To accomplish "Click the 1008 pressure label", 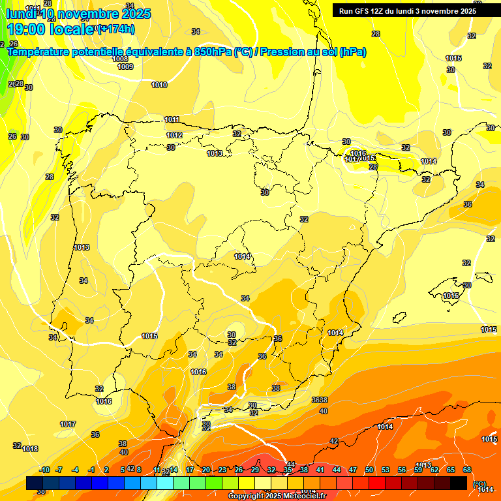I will pyautogui.click(x=120, y=59).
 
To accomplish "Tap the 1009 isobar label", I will pyautogui.click(x=125, y=67).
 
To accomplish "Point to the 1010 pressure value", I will pyautogui.click(x=159, y=85).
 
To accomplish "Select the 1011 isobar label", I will pyautogui.click(x=172, y=119).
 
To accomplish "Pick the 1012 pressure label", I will pyautogui.click(x=174, y=135).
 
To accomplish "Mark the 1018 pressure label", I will pyautogui.click(x=30, y=449).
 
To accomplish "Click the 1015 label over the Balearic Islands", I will pyautogui.click(x=451, y=296).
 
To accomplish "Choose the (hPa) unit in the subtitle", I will pyautogui.click(x=353, y=52).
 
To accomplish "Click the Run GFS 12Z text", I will pyautogui.click(x=362, y=10).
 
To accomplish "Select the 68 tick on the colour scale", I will pyautogui.click(x=467, y=470).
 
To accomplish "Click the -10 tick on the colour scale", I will pyautogui.click(x=44, y=470).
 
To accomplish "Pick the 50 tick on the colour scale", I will pyautogui.click(x=369, y=470).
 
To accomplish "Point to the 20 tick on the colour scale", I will pyautogui.click(x=206, y=470).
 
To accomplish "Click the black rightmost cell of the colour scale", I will pyautogui.click(x=459, y=483).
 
